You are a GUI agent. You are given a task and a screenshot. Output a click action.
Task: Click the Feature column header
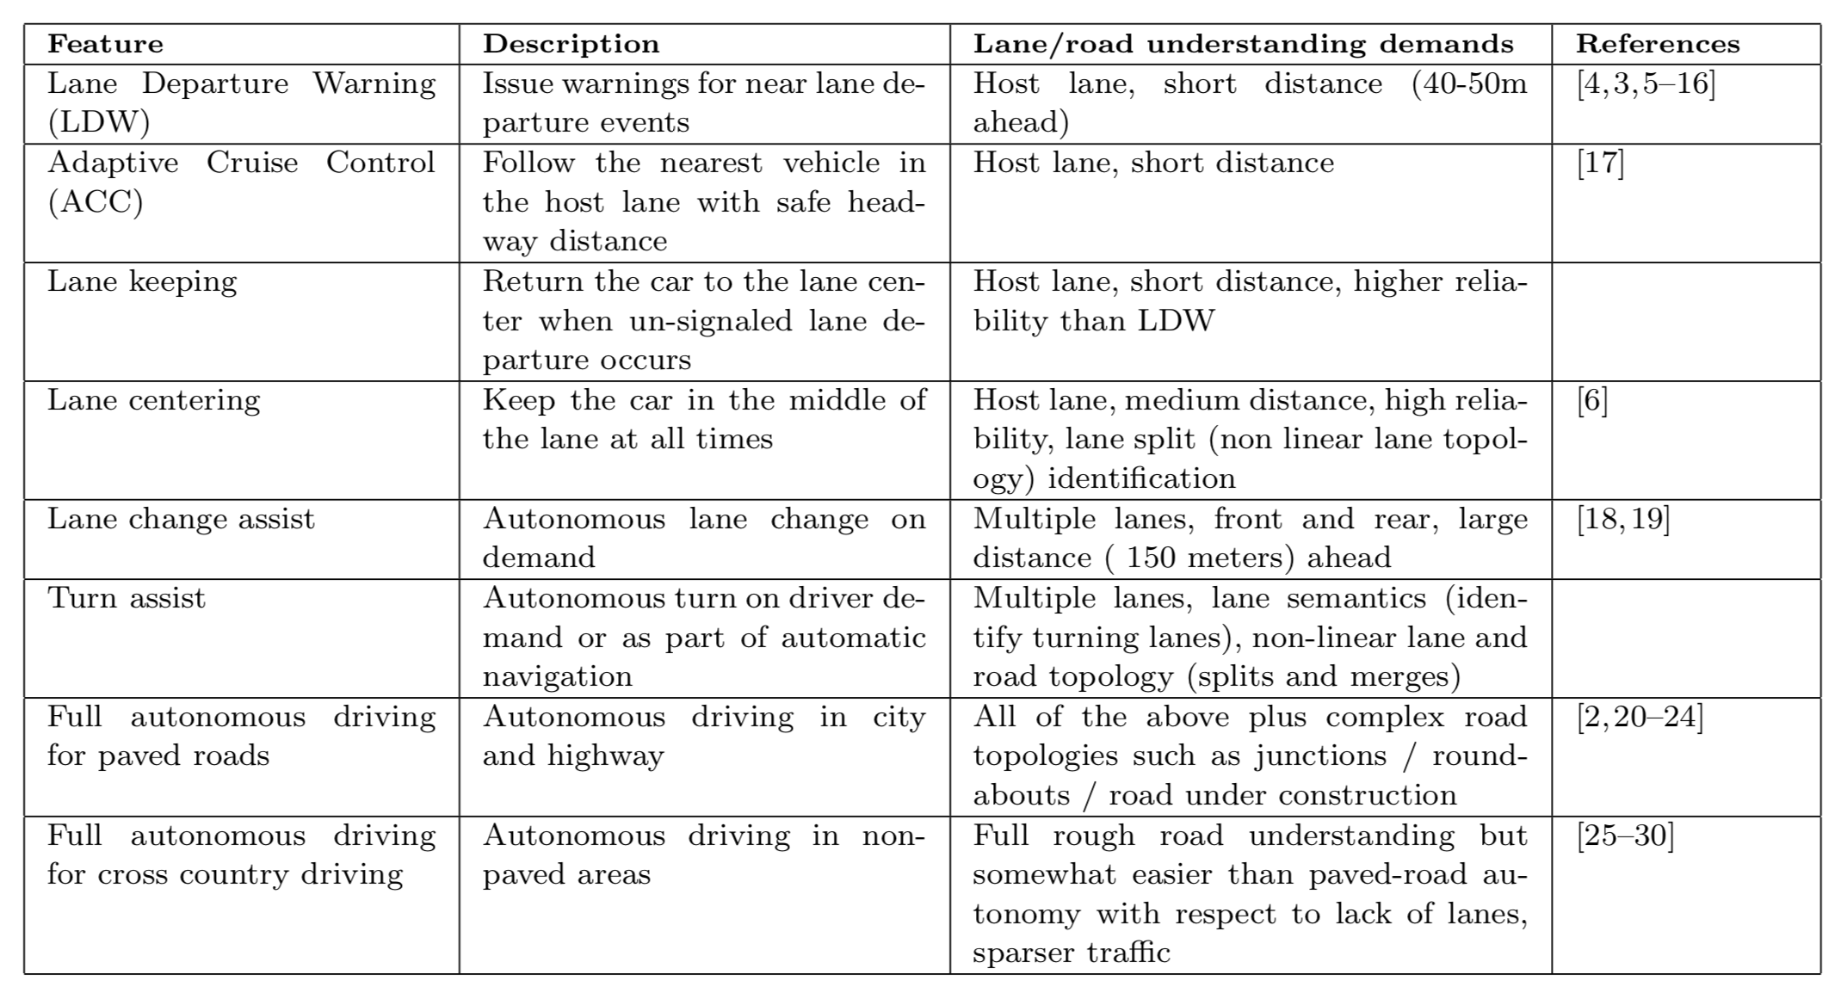tap(105, 44)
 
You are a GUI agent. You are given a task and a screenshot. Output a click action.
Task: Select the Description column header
tap(571, 44)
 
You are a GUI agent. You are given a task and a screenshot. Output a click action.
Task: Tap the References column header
tap(1658, 44)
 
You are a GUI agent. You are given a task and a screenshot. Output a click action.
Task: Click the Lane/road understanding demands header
tap(1243, 44)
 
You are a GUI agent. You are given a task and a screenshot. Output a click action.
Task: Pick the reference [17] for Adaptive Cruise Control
tap(1600, 163)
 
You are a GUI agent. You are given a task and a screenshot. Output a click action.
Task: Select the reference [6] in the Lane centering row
tap(1591, 400)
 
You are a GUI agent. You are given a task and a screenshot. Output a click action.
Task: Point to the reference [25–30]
tap(1625, 836)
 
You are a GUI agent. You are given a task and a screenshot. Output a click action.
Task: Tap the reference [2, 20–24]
tap(1640, 717)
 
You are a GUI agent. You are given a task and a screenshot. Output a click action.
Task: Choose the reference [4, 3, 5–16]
tap(1646, 83)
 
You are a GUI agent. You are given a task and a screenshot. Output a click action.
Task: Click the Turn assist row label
tap(127, 598)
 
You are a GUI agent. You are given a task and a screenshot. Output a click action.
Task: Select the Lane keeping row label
tap(142, 282)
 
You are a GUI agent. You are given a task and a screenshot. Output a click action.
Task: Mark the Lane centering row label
tap(153, 401)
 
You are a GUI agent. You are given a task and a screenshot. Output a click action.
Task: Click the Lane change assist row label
tap(181, 519)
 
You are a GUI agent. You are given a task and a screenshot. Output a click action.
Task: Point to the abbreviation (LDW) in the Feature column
tap(98, 122)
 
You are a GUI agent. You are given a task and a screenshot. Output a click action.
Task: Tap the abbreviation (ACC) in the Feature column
tap(95, 202)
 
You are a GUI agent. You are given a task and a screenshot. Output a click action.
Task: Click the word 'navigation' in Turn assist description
tap(557, 676)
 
